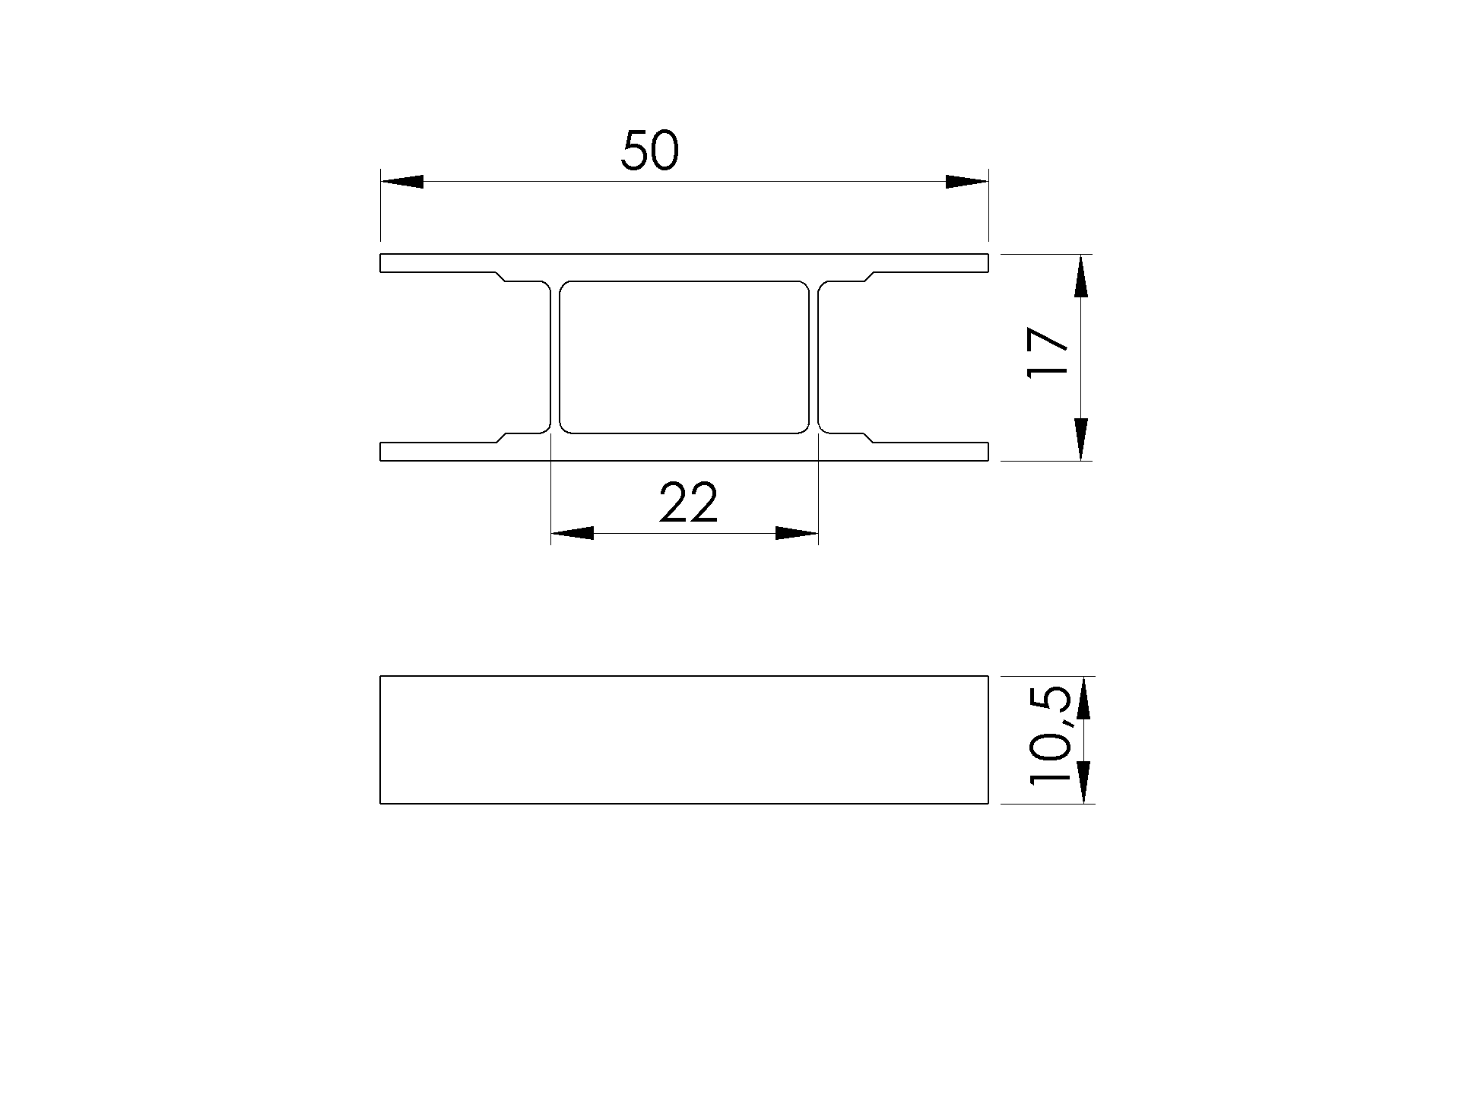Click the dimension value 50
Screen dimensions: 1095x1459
point(649,151)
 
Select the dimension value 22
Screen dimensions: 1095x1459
point(688,503)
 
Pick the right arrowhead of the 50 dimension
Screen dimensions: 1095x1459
point(966,182)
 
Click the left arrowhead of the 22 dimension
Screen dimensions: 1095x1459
point(572,533)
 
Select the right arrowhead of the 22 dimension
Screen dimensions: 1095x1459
point(797,533)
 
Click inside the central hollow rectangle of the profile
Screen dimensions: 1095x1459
point(684,357)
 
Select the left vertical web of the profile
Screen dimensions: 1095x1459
point(555,357)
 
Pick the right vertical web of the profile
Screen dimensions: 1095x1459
point(814,357)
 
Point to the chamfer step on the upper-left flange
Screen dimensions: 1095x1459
point(500,276)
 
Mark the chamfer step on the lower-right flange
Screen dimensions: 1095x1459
point(868,437)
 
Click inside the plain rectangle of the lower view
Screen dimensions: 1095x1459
point(684,739)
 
